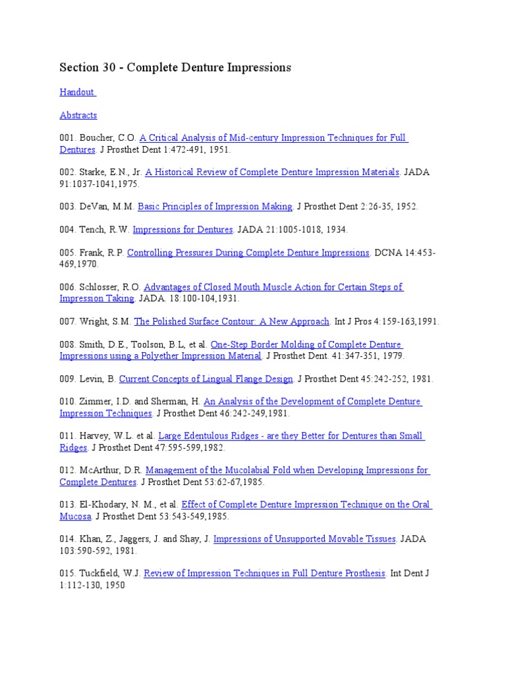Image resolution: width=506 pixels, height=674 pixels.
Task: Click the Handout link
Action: pyautogui.click(x=77, y=92)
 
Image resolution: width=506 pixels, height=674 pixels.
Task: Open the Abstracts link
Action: pyautogui.click(x=78, y=115)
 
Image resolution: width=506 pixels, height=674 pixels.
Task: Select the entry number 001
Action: pyautogui.click(x=68, y=138)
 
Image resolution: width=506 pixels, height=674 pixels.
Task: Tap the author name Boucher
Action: pyautogui.click(x=99, y=138)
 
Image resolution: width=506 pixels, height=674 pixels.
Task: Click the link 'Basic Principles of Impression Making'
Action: pyautogui.click(x=215, y=207)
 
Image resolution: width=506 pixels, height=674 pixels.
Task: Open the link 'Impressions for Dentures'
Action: pyautogui.click(x=183, y=230)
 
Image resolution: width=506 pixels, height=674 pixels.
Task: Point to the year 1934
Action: pyautogui.click(x=336, y=230)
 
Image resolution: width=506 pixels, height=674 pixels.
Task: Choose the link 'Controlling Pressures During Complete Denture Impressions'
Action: pyautogui.click(x=248, y=253)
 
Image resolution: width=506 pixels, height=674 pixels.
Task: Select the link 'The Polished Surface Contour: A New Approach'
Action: pyautogui.click(x=232, y=321)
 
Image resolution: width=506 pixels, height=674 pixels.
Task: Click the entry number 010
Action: pyautogui.click(x=68, y=402)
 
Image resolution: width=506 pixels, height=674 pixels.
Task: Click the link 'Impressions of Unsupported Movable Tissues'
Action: pyautogui.click(x=304, y=539)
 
